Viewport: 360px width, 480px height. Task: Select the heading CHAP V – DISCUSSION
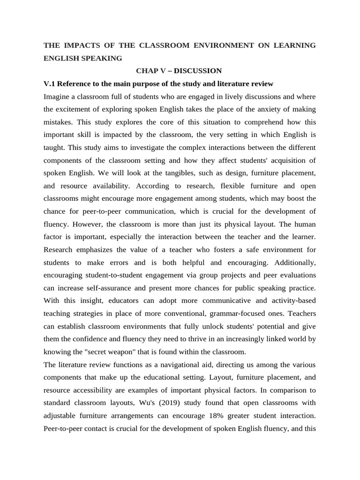click(x=179, y=71)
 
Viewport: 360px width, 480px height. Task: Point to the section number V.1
click(x=50, y=84)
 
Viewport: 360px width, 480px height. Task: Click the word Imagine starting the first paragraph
click(x=58, y=97)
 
